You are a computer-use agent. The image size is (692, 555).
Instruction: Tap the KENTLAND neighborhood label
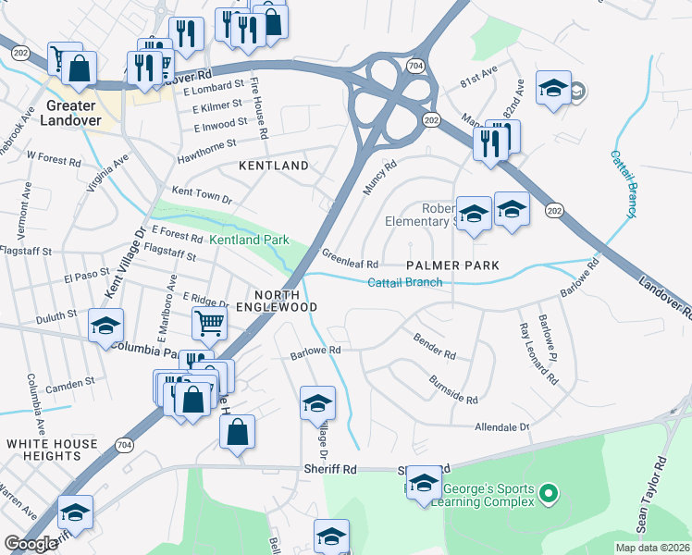[x=274, y=166]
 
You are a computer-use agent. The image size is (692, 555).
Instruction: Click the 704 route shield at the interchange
[x=416, y=66]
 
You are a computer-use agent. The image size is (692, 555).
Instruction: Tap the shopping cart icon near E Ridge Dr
[x=210, y=324]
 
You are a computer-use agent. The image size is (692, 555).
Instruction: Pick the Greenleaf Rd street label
[x=350, y=258]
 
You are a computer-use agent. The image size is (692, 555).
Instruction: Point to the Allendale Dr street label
[x=500, y=426]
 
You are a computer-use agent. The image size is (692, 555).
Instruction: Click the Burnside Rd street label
[x=453, y=390]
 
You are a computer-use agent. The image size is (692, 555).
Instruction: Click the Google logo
[x=31, y=544]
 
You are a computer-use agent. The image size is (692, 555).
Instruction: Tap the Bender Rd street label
[x=435, y=347]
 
